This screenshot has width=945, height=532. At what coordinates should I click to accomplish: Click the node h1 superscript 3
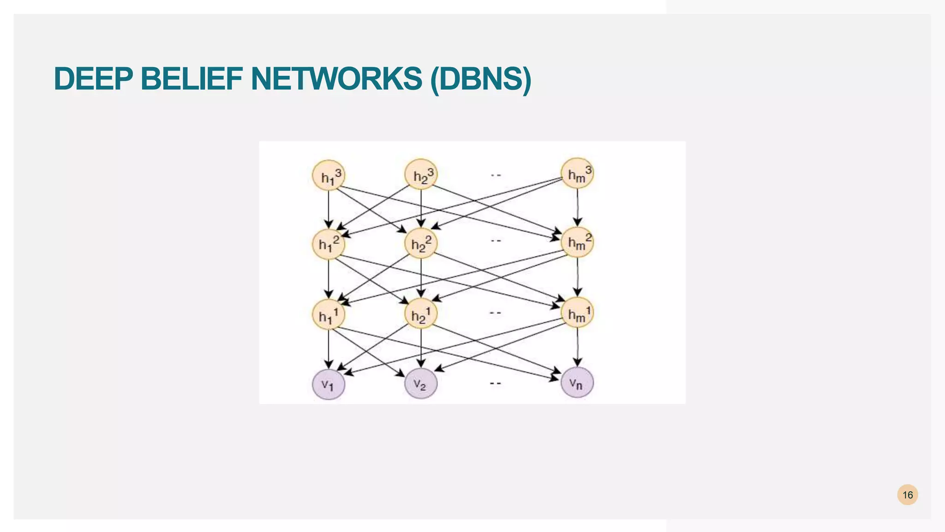(329, 175)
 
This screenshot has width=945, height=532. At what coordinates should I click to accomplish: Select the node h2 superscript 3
(421, 175)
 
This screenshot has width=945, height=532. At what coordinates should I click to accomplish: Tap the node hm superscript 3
(577, 174)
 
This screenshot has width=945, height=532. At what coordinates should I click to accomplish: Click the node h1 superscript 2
(329, 243)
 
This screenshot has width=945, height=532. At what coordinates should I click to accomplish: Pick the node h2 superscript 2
(421, 243)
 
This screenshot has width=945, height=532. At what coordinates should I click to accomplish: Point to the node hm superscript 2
(577, 242)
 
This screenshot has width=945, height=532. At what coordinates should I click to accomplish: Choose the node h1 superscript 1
(329, 314)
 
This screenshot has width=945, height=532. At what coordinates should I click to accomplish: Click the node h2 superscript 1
(421, 314)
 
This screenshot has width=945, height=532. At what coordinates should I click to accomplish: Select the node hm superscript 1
(577, 313)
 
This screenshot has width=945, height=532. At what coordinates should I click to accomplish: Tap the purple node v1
(329, 384)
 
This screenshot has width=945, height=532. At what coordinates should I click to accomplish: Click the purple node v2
(421, 384)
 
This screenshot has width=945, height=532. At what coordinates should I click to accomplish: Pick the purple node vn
(577, 382)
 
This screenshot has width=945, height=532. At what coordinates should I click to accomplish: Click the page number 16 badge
(907, 495)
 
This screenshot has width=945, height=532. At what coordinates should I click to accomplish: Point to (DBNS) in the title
(480, 79)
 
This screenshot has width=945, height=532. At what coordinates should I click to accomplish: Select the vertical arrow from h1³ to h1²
(329, 208)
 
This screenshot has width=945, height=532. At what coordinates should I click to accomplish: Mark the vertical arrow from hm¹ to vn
(578, 346)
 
